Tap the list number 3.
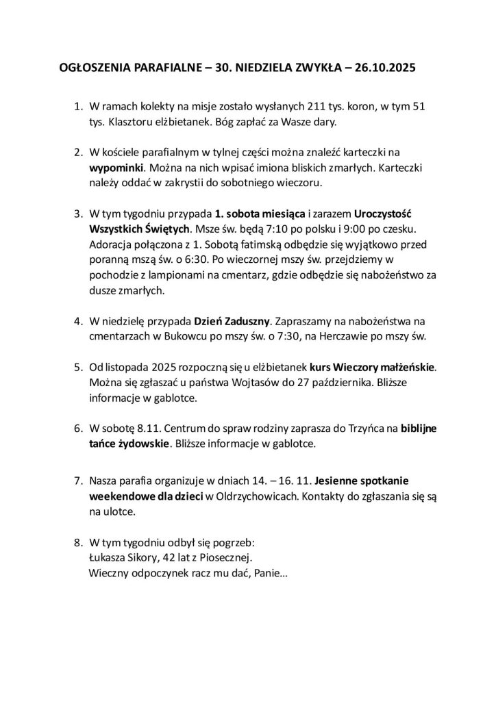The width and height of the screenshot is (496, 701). pos(77,213)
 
